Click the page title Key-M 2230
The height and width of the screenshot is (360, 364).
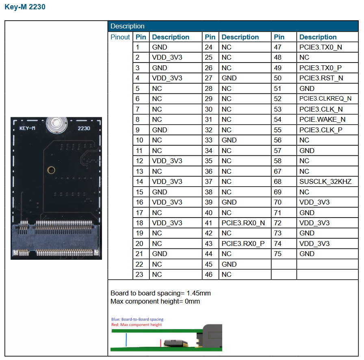point(25,7)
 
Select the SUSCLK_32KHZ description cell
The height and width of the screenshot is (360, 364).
point(325,181)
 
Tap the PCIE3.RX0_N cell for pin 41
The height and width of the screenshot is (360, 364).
point(243,223)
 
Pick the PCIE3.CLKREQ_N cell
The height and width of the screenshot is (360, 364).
point(325,99)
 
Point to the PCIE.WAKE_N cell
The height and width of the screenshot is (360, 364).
point(322,119)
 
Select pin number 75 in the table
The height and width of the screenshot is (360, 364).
point(278,254)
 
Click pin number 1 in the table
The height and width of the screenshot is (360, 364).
point(138,47)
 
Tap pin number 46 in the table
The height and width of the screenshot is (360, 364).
point(209,274)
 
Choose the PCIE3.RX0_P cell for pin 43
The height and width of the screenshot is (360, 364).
point(243,244)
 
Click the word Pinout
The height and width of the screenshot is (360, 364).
point(120,37)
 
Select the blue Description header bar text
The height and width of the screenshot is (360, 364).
point(128,26)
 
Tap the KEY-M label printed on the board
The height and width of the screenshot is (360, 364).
point(28,128)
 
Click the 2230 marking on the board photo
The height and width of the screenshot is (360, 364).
point(84,128)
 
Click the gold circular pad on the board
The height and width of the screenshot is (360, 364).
point(51,170)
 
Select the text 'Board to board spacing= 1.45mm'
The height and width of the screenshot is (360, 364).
point(160,293)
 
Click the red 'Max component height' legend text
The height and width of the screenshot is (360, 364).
point(136,325)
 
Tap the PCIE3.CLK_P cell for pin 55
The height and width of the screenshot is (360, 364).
point(321,130)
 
